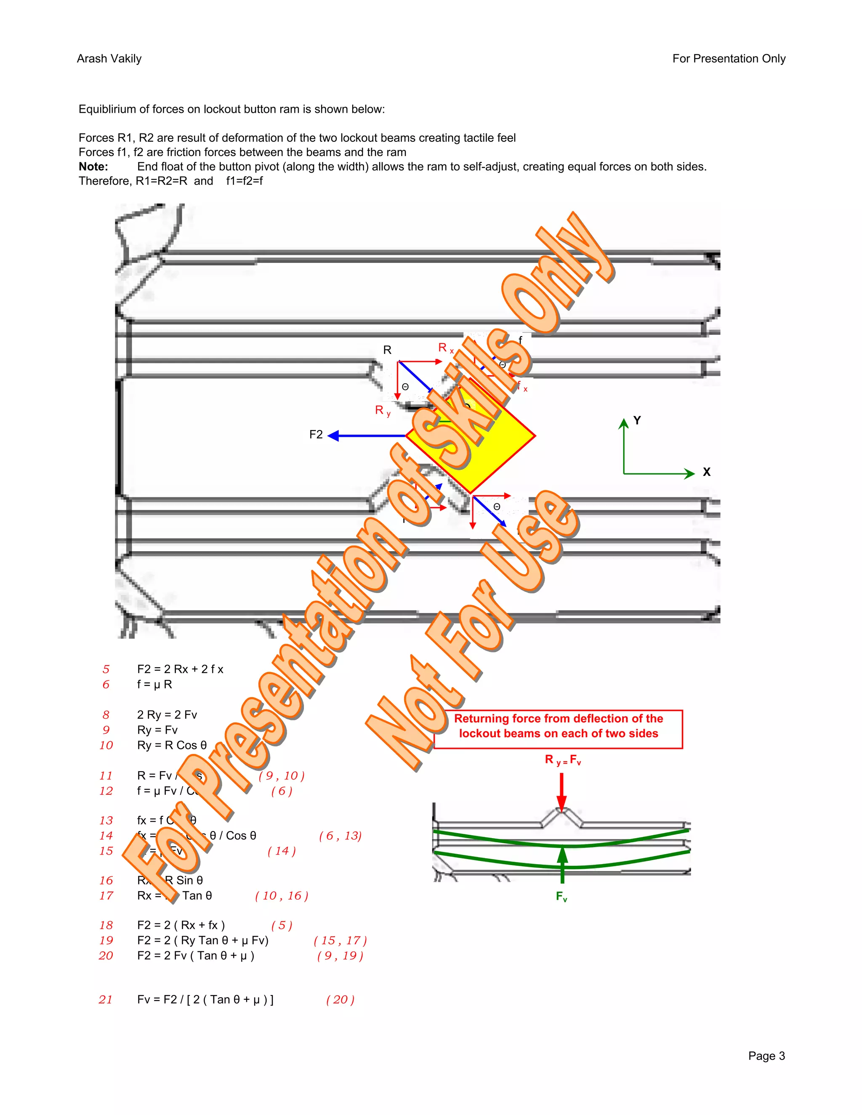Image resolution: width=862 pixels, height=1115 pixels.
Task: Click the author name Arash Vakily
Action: (x=109, y=59)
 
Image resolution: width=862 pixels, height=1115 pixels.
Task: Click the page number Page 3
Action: (x=766, y=1056)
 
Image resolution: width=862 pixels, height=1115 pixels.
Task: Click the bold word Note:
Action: (x=93, y=167)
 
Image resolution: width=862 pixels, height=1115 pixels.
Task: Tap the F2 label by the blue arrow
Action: (x=316, y=435)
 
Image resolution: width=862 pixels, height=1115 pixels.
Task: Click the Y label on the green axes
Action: (x=637, y=420)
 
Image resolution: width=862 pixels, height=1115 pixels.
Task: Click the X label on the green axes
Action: (x=706, y=472)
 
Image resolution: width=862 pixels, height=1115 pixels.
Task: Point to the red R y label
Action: (x=382, y=411)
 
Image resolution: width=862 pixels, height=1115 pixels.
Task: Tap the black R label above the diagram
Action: (x=387, y=350)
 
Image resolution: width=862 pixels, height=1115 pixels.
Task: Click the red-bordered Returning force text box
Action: (x=558, y=729)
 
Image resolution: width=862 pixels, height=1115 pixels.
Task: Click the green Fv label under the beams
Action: (x=561, y=897)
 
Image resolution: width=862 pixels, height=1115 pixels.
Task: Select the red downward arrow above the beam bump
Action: (x=562, y=792)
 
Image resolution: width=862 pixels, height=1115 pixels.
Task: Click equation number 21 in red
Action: (x=106, y=1000)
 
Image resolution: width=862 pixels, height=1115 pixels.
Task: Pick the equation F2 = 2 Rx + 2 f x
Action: (x=180, y=669)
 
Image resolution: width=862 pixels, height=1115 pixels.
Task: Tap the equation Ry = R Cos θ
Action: (x=172, y=746)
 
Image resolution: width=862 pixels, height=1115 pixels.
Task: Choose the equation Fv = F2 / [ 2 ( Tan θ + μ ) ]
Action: (x=205, y=1000)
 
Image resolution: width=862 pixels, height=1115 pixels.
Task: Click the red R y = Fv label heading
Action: (x=562, y=760)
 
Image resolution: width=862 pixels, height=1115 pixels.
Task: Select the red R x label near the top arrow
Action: (x=445, y=348)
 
